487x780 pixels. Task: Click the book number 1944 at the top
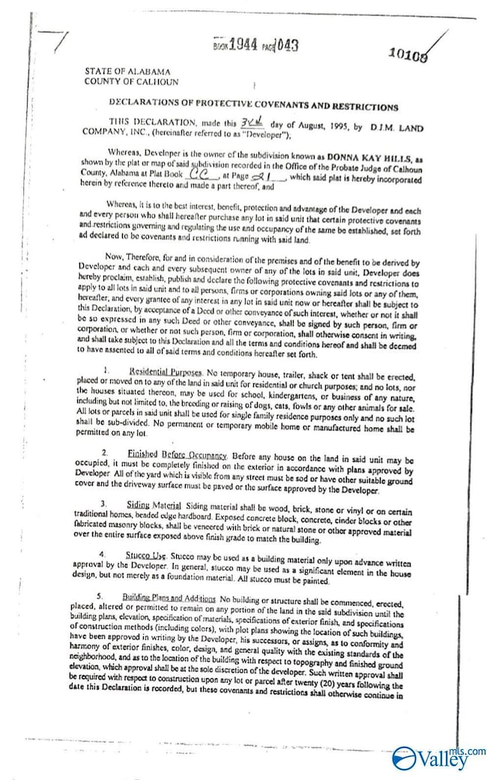(243, 45)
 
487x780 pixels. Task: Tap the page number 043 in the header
(287, 45)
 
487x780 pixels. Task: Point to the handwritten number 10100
(409, 53)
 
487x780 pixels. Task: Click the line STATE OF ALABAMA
(127, 71)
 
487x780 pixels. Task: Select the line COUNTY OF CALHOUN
(131, 82)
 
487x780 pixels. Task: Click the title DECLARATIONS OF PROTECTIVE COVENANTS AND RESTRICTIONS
(253, 107)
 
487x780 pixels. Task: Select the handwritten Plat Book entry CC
(199, 175)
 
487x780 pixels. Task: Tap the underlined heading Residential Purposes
(165, 371)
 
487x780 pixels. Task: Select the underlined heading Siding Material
(148, 506)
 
